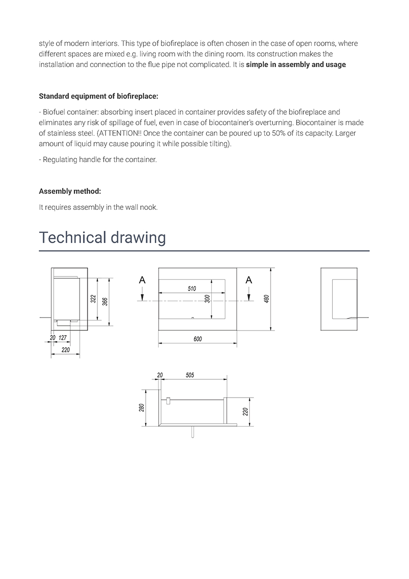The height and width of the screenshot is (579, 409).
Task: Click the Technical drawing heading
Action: (102, 238)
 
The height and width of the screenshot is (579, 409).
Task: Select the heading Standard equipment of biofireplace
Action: (98, 96)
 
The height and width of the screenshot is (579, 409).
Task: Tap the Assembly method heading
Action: (70, 191)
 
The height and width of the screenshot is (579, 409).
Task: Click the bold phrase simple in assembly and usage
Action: (296, 65)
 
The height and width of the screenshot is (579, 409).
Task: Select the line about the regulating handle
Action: (98, 160)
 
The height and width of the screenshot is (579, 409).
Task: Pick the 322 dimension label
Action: (93, 299)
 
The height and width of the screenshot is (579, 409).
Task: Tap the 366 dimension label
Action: (105, 301)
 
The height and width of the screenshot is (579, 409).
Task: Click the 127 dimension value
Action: (63, 338)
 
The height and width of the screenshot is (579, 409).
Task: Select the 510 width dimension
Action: (192, 289)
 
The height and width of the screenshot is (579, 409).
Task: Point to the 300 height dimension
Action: (207, 299)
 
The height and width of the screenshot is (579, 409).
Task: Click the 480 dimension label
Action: (266, 299)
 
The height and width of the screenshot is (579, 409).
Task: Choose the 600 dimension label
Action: (198, 339)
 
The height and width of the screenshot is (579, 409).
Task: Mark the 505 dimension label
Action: (190, 375)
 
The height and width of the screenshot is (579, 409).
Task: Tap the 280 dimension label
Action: (141, 408)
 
